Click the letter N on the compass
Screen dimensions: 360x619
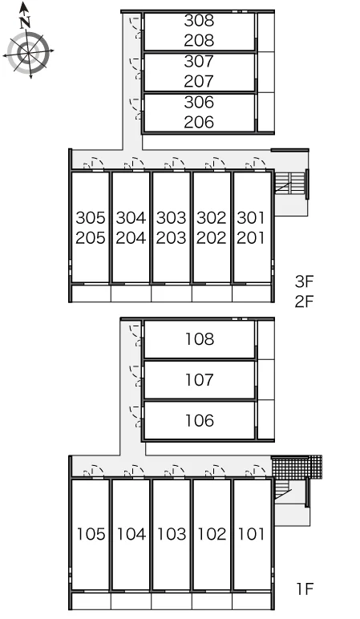(x=26, y=22)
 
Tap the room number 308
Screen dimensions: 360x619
(x=200, y=21)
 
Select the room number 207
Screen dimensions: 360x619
(x=200, y=81)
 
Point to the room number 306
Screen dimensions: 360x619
(x=200, y=102)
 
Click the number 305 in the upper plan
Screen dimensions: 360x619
(x=91, y=217)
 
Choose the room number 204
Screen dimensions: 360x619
(x=131, y=238)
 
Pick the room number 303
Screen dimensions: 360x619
(x=172, y=217)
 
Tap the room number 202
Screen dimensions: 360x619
(x=212, y=238)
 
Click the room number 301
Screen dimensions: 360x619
(x=251, y=217)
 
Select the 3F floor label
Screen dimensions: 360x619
(x=304, y=281)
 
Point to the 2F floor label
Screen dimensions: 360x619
(x=304, y=301)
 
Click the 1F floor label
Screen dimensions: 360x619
(x=305, y=589)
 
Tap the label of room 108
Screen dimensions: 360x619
(x=200, y=339)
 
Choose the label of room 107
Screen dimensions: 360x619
(x=200, y=380)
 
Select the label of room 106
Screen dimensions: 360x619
(x=200, y=421)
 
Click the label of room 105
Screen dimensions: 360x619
(x=91, y=534)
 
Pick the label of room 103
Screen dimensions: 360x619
(x=172, y=534)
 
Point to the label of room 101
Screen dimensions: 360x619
(x=251, y=534)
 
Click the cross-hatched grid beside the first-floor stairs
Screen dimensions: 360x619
(x=297, y=467)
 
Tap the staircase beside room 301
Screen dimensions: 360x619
(x=290, y=182)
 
